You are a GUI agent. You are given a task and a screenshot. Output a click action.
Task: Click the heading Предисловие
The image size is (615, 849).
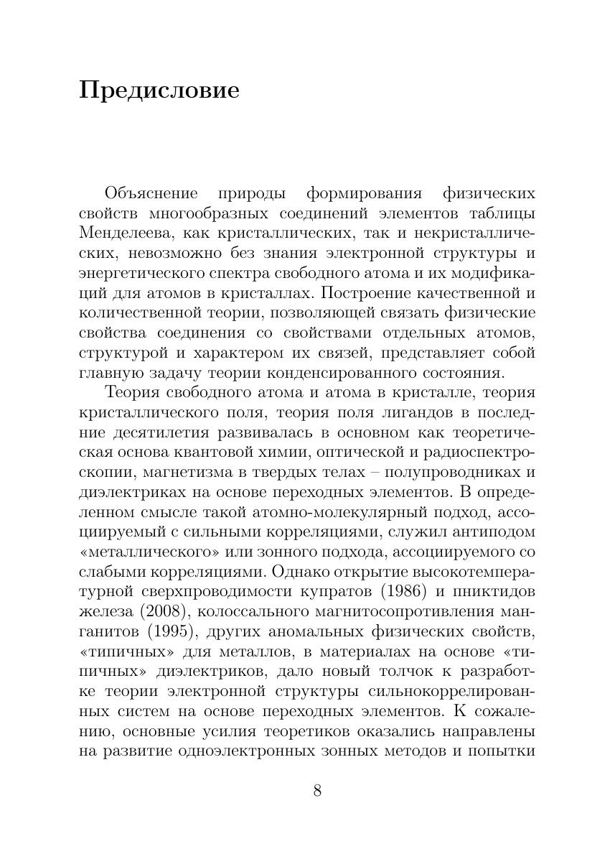tap(159, 92)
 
